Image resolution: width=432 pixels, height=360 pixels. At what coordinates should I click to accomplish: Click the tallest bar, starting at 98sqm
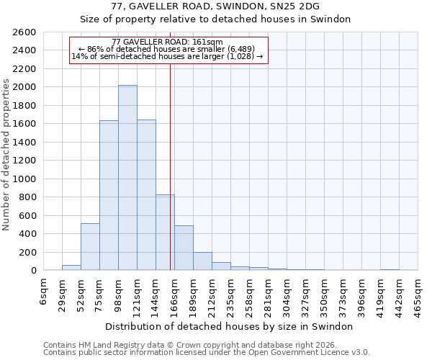pyautogui.click(x=127, y=178)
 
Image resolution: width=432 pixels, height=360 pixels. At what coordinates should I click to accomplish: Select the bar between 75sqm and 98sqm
pyautogui.click(x=109, y=195)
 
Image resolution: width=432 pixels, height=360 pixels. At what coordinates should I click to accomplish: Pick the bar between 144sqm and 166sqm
pyautogui.click(x=165, y=233)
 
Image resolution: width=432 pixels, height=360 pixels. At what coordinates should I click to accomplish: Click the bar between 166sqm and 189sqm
pyautogui.click(x=184, y=248)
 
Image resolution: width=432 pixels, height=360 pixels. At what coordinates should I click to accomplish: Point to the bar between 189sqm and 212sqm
pyautogui.click(x=202, y=261)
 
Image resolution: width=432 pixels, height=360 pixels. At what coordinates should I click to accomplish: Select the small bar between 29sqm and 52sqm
pyautogui.click(x=71, y=268)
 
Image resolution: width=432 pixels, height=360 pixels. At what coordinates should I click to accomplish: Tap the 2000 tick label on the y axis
pyautogui.click(x=24, y=87)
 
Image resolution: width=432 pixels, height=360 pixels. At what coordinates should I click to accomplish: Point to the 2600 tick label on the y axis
pyautogui.click(x=24, y=32)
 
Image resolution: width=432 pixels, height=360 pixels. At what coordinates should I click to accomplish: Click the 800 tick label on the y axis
pyautogui.click(x=27, y=197)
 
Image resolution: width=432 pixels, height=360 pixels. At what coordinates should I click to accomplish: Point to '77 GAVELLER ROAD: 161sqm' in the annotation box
pyautogui.click(x=168, y=42)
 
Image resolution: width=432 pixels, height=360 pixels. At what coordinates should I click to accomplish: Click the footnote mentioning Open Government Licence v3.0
pyautogui.click(x=207, y=352)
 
